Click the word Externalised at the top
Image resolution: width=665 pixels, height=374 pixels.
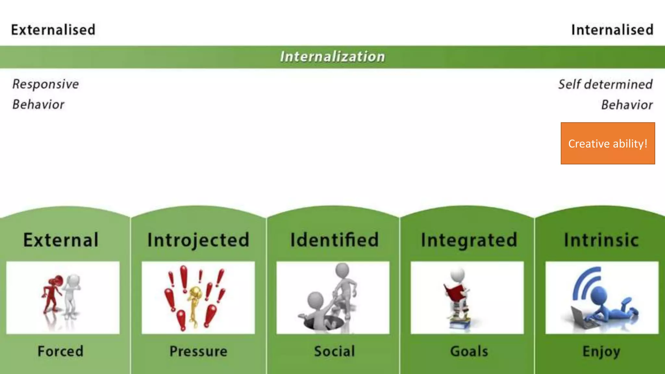(x=53, y=30)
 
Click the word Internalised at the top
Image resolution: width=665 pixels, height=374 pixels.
(x=612, y=30)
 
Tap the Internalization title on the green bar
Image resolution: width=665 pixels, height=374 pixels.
(x=332, y=56)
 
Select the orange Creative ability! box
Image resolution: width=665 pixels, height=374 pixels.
(x=608, y=143)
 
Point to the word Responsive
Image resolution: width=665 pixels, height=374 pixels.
(x=45, y=84)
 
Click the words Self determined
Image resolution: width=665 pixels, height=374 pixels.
(x=605, y=84)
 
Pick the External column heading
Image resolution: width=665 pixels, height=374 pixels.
(x=61, y=240)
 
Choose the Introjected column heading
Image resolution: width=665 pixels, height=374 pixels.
(x=198, y=240)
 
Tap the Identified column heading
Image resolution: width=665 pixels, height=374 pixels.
(x=334, y=240)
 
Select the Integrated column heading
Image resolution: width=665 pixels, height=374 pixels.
(x=469, y=240)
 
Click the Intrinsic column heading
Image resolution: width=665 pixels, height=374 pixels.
(x=601, y=240)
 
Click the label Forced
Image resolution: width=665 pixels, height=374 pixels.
(x=61, y=351)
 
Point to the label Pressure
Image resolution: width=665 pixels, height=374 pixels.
(x=198, y=351)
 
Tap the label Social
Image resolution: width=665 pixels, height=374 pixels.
(x=334, y=351)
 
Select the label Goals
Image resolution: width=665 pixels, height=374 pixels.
(x=469, y=351)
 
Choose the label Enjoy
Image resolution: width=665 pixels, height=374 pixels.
(x=601, y=351)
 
